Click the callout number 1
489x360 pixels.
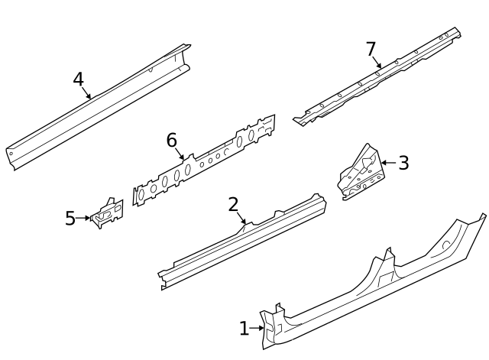pyautogui.click(x=244, y=329)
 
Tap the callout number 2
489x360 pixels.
pyautogui.click(x=234, y=204)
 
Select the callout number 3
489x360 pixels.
pyautogui.click(x=403, y=163)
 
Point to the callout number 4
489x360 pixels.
pyautogui.click(x=78, y=79)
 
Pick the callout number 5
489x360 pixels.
pyautogui.click(x=70, y=219)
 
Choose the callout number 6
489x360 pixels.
pyautogui.click(x=172, y=140)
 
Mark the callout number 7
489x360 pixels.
pyautogui.click(x=371, y=49)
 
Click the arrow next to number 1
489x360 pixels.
pyautogui.click(x=258, y=329)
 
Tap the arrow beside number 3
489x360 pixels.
pyautogui.click(x=387, y=163)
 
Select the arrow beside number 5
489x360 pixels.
pyautogui.click(x=85, y=219)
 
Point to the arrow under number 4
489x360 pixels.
pyautogui.click(x=87, y=94)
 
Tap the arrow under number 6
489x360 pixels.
pyautogui.click(x=181, y=155)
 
